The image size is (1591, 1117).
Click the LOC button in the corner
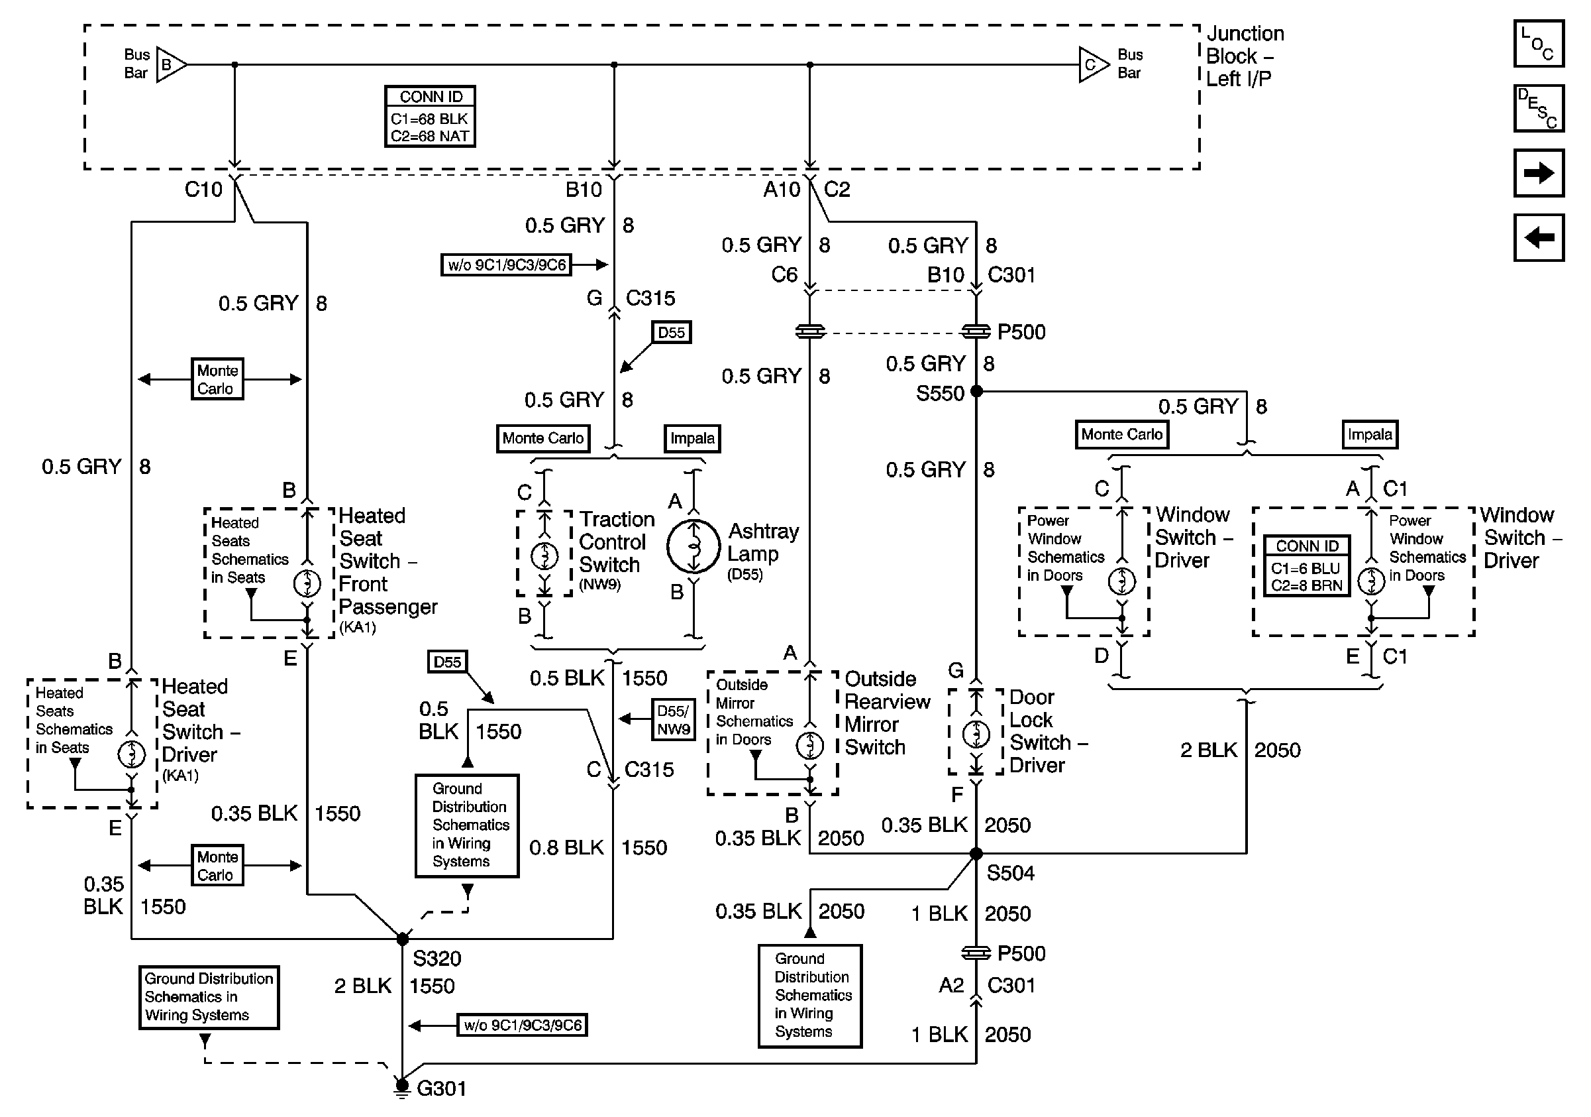1538,44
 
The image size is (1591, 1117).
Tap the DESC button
1538,108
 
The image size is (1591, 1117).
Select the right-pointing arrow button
1538,172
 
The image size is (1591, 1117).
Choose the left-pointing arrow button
1538,237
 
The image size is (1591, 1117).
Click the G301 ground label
440,1088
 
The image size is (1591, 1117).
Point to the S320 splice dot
403,939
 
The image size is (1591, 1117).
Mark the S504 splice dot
976,854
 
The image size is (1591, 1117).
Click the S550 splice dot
976,391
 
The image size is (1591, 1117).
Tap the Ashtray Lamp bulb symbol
693,546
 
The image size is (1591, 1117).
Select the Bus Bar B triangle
170,65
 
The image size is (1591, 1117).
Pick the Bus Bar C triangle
1093,65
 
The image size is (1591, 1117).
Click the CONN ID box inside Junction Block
431,117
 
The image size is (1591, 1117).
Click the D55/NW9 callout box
674,720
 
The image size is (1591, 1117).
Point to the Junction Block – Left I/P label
1244,56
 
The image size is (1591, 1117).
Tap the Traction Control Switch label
616,542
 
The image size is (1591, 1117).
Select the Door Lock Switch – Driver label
1047,731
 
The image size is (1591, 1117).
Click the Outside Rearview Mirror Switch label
886,713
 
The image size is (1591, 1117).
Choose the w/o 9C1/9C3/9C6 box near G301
523,1025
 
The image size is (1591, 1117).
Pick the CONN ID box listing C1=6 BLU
1307,565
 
